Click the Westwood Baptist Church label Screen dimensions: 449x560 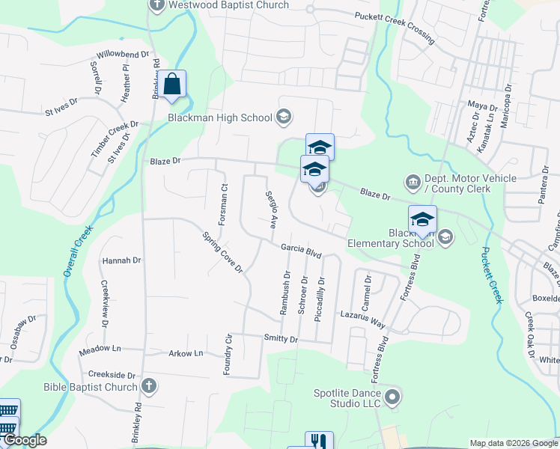pos(229,5)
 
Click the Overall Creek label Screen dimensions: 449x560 pos(77,251)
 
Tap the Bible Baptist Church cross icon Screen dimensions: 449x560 pos(149,386)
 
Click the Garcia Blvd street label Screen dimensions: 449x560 pos(301,251)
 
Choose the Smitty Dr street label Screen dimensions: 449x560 pos(281,339)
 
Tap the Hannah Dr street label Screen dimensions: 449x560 pos(121,260)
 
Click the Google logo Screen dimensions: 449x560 pos(24,440)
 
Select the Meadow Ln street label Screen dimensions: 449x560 pos(100,349)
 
